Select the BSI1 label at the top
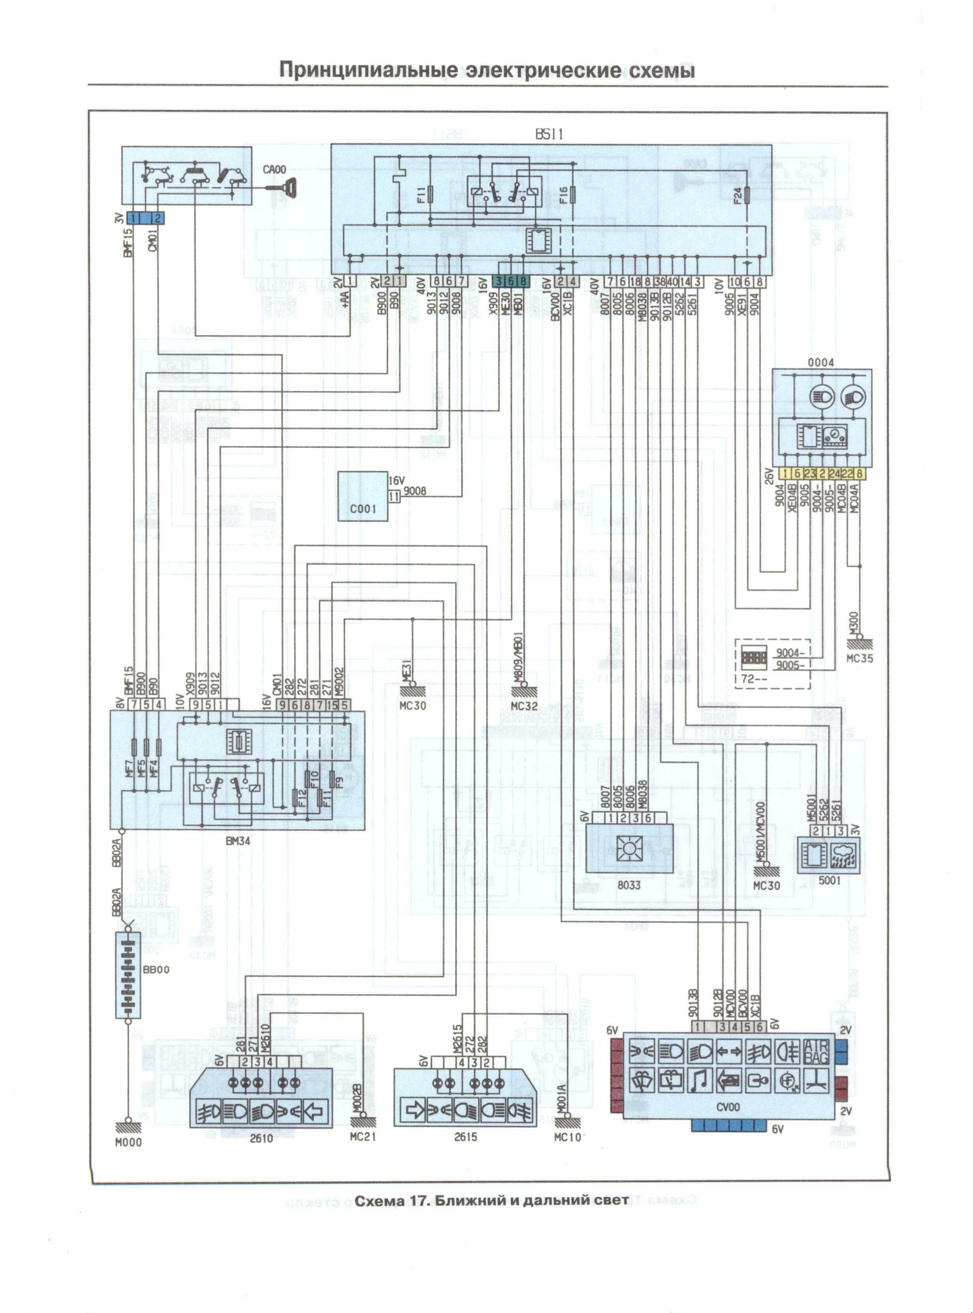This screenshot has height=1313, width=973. [549, 134]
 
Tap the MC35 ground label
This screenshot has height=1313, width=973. [859, 658]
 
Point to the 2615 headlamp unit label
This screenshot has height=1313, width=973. [465, 1137]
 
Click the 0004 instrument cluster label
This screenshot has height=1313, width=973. [821, 363]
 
